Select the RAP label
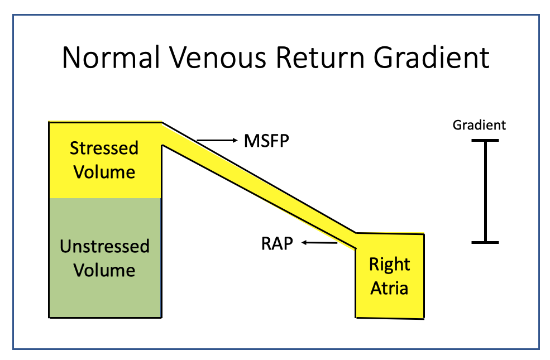(x=276, y=244)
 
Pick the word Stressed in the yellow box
(x=104, y=148)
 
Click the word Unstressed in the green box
(x=105, y=246)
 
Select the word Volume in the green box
(x=105, y=270)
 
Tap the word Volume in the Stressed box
(x=105, y=172)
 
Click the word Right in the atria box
(x=389, y=264)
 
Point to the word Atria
(x=389, y=288)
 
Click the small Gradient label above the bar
(x=479, y=125)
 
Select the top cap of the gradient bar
(x=484, y=141)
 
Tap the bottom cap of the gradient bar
(x=484, y=242)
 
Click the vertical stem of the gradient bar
(x=484, y=191)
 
